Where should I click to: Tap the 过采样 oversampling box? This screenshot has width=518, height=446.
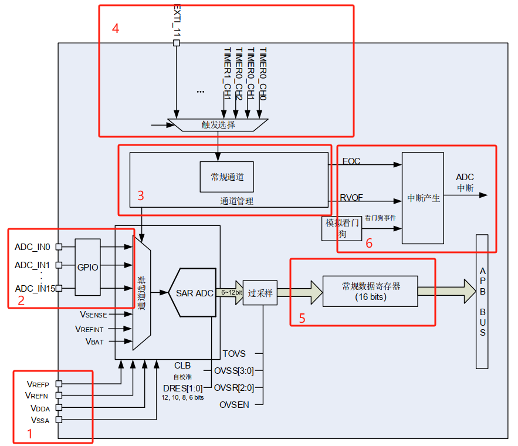260,293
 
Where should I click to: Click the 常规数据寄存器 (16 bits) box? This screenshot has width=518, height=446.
370,291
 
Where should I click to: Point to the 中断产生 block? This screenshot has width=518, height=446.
423,198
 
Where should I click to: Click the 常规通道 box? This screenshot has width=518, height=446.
227,177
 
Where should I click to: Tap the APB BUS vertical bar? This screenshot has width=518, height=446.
482,302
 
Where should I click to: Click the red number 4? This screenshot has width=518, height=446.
116,29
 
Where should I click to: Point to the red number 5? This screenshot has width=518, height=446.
302,319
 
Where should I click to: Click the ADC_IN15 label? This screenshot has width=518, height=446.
35,288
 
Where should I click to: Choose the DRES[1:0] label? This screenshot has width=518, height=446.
182,388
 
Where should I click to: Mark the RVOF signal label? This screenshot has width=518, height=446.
351,198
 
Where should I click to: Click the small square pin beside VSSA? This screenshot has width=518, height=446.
58,420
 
